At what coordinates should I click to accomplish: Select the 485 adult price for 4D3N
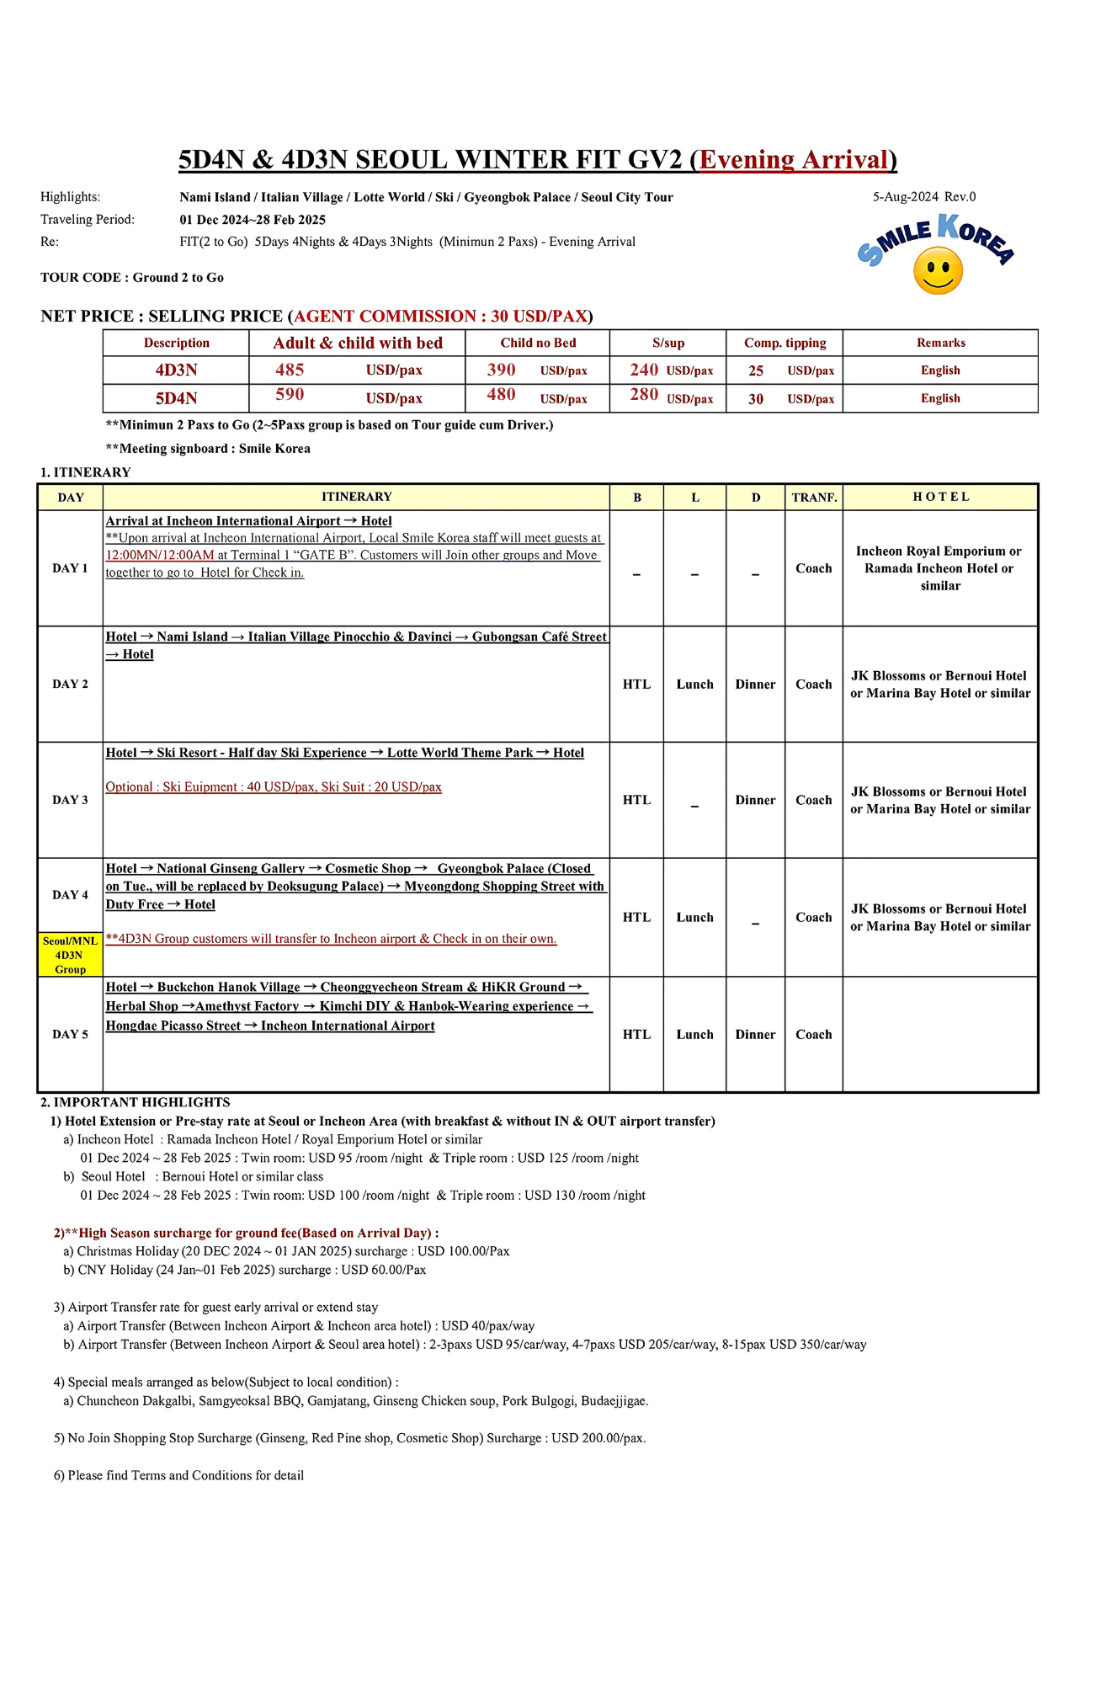[290, 370]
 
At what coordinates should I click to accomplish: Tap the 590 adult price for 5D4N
[290, 395]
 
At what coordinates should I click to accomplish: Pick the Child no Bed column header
[538, 343]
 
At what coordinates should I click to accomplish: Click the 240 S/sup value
[644, 370]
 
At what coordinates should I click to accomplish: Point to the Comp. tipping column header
[785, 343]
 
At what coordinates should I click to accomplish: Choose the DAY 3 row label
[70, 800]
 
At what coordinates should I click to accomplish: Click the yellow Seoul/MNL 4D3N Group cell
[70, 955]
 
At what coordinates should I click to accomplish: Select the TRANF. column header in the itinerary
[814, 498]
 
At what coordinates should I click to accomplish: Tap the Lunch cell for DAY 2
[694, 685]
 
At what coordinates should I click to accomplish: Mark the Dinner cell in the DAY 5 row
[755, 1035]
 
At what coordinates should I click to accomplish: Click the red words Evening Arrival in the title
[794, 160]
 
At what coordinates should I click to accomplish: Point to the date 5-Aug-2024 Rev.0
[923, 197]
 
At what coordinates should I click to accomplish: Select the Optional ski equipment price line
[274, 787]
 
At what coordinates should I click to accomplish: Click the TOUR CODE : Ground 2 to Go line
[132, 278]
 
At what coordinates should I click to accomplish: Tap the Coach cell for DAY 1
[813, 568]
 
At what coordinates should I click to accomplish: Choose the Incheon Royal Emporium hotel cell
[939, 568]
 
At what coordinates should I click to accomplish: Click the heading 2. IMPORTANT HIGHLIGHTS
[135, 1102]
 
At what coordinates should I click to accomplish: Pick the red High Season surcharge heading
[246, 1233]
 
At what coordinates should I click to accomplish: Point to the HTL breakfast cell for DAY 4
[636, 918]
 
